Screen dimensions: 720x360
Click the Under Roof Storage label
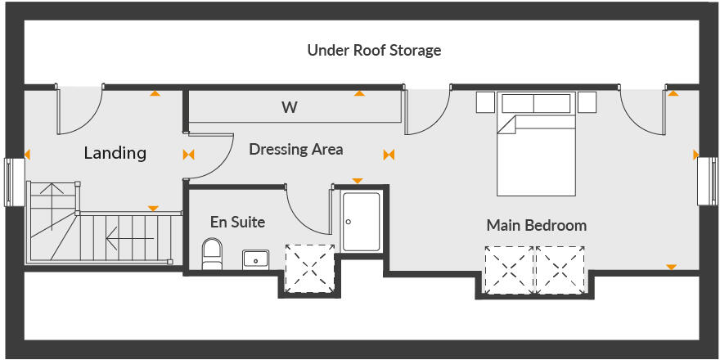tap(374, 51)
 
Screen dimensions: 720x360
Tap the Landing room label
tap(115, 153)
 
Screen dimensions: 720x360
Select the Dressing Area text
tap(295, 150)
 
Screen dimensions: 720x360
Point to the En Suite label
tap(237, 222)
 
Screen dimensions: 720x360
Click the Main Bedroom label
tap(536, 225)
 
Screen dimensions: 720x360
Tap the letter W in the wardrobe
tap(289, 107)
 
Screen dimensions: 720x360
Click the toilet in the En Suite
tap(212, 254)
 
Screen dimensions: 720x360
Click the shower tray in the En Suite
tap(361, 221)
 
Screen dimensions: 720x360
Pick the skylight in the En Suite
tap(309, 268)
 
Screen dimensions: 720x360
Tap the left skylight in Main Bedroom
tap(508, 271)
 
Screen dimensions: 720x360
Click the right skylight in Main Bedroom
tap(561, 271)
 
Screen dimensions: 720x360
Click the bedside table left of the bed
tap(485, 102)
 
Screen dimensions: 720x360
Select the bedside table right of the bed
tap(587, 102)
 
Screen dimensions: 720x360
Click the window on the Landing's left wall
tap(12, 182)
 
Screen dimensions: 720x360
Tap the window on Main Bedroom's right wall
tap(707, 181)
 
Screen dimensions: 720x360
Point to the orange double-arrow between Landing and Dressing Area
tap(189, 154)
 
